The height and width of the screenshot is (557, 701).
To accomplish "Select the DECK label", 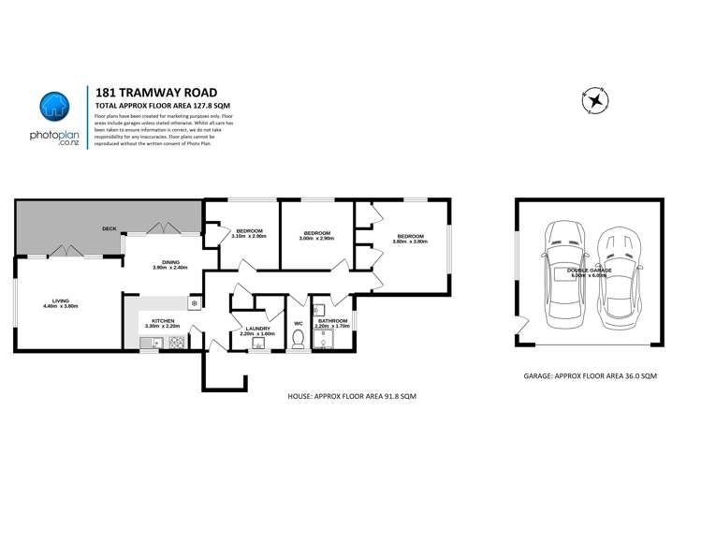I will [x=110, y=228].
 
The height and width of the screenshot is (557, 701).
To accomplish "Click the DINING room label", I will [x=170, y=263].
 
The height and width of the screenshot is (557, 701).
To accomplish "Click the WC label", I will [x=299, y=324].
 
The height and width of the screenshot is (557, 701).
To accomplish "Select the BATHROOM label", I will [x=332, y=321].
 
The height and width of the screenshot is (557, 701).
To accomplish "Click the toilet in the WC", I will [x=299, y=343].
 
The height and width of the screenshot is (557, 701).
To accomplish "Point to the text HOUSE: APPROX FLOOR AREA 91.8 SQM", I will [x=352, y=397].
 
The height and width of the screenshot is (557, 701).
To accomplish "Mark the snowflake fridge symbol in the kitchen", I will [x=195, y=302].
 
